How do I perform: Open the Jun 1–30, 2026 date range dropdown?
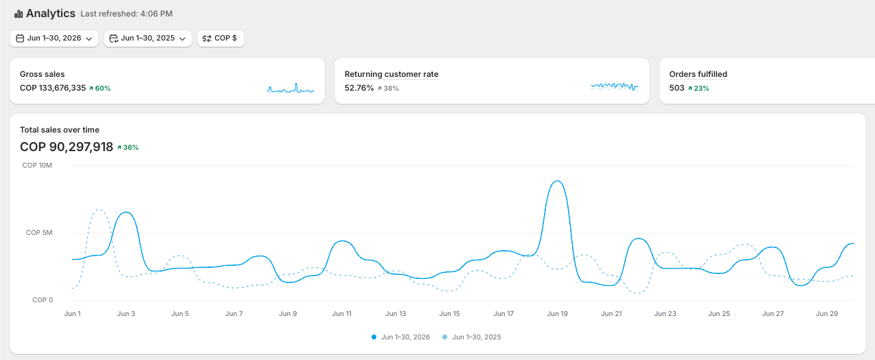(54, 38)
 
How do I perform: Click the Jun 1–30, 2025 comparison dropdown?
(148, 38)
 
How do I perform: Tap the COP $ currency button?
(220, 38)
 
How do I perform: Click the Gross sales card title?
(42, 74)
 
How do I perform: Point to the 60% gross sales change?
(100, 89)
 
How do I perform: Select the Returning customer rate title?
(391, 74)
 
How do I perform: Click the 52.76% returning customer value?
(359, 88)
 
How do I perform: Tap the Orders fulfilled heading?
(698, 74)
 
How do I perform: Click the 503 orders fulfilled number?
(677, 88)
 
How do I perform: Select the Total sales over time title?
(59, 130)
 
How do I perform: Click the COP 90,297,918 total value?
(67, 147)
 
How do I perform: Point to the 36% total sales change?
(128, 147)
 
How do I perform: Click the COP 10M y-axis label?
(37, 166)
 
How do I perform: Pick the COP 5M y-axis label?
(39, 233)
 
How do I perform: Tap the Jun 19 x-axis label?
(558, 313)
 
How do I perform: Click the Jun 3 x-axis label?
(126, 313)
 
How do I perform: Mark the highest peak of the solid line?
(558, 181)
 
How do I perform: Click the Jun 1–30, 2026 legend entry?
(401, 337)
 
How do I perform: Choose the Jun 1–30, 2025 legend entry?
(471, 337)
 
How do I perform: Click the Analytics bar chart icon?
(19, 14)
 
